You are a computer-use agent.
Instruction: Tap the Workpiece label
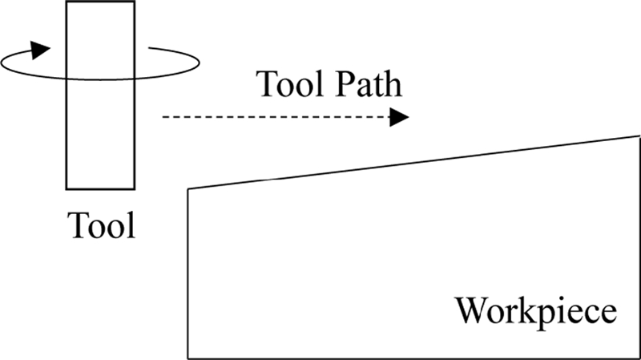click(537, 310)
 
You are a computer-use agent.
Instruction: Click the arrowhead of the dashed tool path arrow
click(400, 118)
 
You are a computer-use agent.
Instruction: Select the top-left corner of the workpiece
click(188, 189)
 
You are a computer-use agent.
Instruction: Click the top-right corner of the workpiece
click(639, 136)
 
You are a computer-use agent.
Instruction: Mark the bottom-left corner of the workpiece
click(188, 358)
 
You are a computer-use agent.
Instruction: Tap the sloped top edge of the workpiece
click(413, 163)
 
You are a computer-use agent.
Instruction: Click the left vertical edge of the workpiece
click(188, 273)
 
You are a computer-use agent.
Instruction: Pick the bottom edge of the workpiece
click(413, 358)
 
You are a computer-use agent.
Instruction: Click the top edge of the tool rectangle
click(100, 2)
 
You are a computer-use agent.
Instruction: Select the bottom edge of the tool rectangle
click(100, 189)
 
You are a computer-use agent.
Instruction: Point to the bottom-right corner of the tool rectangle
click(134, 189)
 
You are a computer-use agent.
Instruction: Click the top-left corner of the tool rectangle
click(67, 2)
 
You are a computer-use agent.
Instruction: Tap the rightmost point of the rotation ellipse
click(198, 62)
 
